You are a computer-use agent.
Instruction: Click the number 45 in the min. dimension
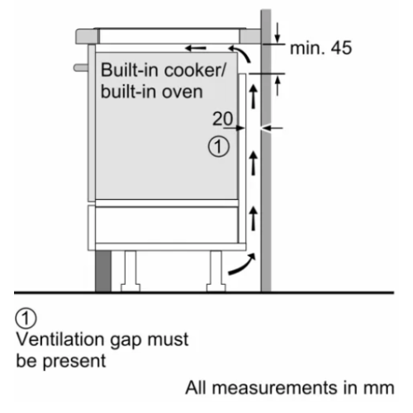click(x=341, y=48)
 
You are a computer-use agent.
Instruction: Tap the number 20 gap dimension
click(x=223, y=119)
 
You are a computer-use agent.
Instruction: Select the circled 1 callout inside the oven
click(x=219, y=147)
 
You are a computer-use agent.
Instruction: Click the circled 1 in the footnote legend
click(x=26, y=318)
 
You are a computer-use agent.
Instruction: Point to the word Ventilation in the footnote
click(x=61, y=339)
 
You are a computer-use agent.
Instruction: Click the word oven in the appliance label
click(x=182, y=92)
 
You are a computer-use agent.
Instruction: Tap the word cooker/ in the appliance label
click(x=195, y=70)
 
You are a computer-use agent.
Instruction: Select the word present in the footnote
click(x=74, y=361)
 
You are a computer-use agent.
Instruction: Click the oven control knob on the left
click(x=81, y=68)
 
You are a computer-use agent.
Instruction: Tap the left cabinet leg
click(x=131, y=271)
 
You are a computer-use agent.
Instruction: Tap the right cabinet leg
click(x=216, y=271)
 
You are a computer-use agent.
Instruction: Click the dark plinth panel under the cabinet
click(x=103, y=271)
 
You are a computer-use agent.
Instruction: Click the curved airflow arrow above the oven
click(x=241, y=52)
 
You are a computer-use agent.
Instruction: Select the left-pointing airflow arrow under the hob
click(x=196, y=49)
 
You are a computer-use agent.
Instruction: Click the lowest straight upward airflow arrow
click(x=254, y=219)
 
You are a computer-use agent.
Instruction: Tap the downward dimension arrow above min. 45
click(x=278, y=33)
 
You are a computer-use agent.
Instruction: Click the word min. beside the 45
click(x=306, y=48)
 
